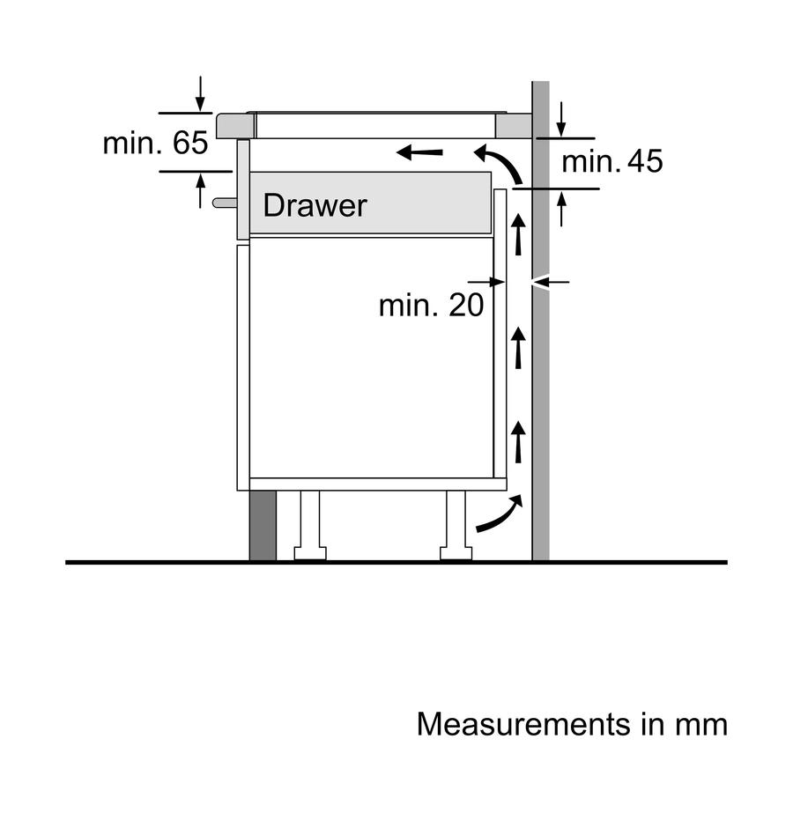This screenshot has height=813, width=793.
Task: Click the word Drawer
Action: [x=315, y=205]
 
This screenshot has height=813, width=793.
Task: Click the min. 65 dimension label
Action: [x=156, y=143]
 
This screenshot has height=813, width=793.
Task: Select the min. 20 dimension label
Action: [x=431, y=305]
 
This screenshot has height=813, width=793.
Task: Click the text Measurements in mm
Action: [x=572, y=724]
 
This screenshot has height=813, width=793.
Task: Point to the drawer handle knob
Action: [x=225, y=203]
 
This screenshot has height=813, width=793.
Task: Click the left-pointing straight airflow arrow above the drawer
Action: [x=419, y=152]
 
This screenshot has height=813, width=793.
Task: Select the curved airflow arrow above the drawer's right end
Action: [x=499, y=163]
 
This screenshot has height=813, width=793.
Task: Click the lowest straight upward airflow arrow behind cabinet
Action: [x=518, y=442]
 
